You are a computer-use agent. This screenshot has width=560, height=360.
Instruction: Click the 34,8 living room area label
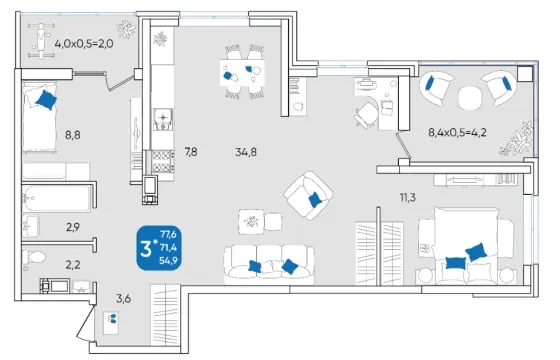pos(246,152)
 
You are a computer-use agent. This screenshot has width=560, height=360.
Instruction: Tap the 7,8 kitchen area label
pos(191,152)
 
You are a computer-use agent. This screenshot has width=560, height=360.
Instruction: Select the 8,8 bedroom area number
pos(72,135)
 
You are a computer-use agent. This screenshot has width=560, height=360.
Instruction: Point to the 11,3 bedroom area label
pos(408,197)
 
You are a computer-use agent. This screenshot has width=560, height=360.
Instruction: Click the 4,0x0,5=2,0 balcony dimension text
pos(84,44)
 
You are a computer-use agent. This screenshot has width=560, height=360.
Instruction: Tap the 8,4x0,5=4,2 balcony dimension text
pos(457,133)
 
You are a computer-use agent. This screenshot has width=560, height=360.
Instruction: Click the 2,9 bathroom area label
pos(73,227)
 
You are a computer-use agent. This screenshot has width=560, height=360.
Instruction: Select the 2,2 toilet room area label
pos(72,265)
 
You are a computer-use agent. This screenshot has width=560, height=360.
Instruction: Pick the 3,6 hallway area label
pos(124,298)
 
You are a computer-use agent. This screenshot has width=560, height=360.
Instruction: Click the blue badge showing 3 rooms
pos(159,248)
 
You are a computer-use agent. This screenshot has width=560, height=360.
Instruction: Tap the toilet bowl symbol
pos(34,257)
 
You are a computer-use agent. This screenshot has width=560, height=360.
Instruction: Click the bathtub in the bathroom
pos(56,199)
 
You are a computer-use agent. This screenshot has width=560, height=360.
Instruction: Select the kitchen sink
pos(163,119)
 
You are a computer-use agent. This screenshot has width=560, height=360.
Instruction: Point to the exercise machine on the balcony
pos(42,40)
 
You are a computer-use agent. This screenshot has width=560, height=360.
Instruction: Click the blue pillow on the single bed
pos(46,100)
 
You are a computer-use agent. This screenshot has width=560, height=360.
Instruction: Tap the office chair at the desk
pos(365,115)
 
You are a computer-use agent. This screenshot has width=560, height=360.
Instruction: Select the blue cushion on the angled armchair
pos(315,199)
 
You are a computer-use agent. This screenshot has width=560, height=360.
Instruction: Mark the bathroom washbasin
pos(31,226)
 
